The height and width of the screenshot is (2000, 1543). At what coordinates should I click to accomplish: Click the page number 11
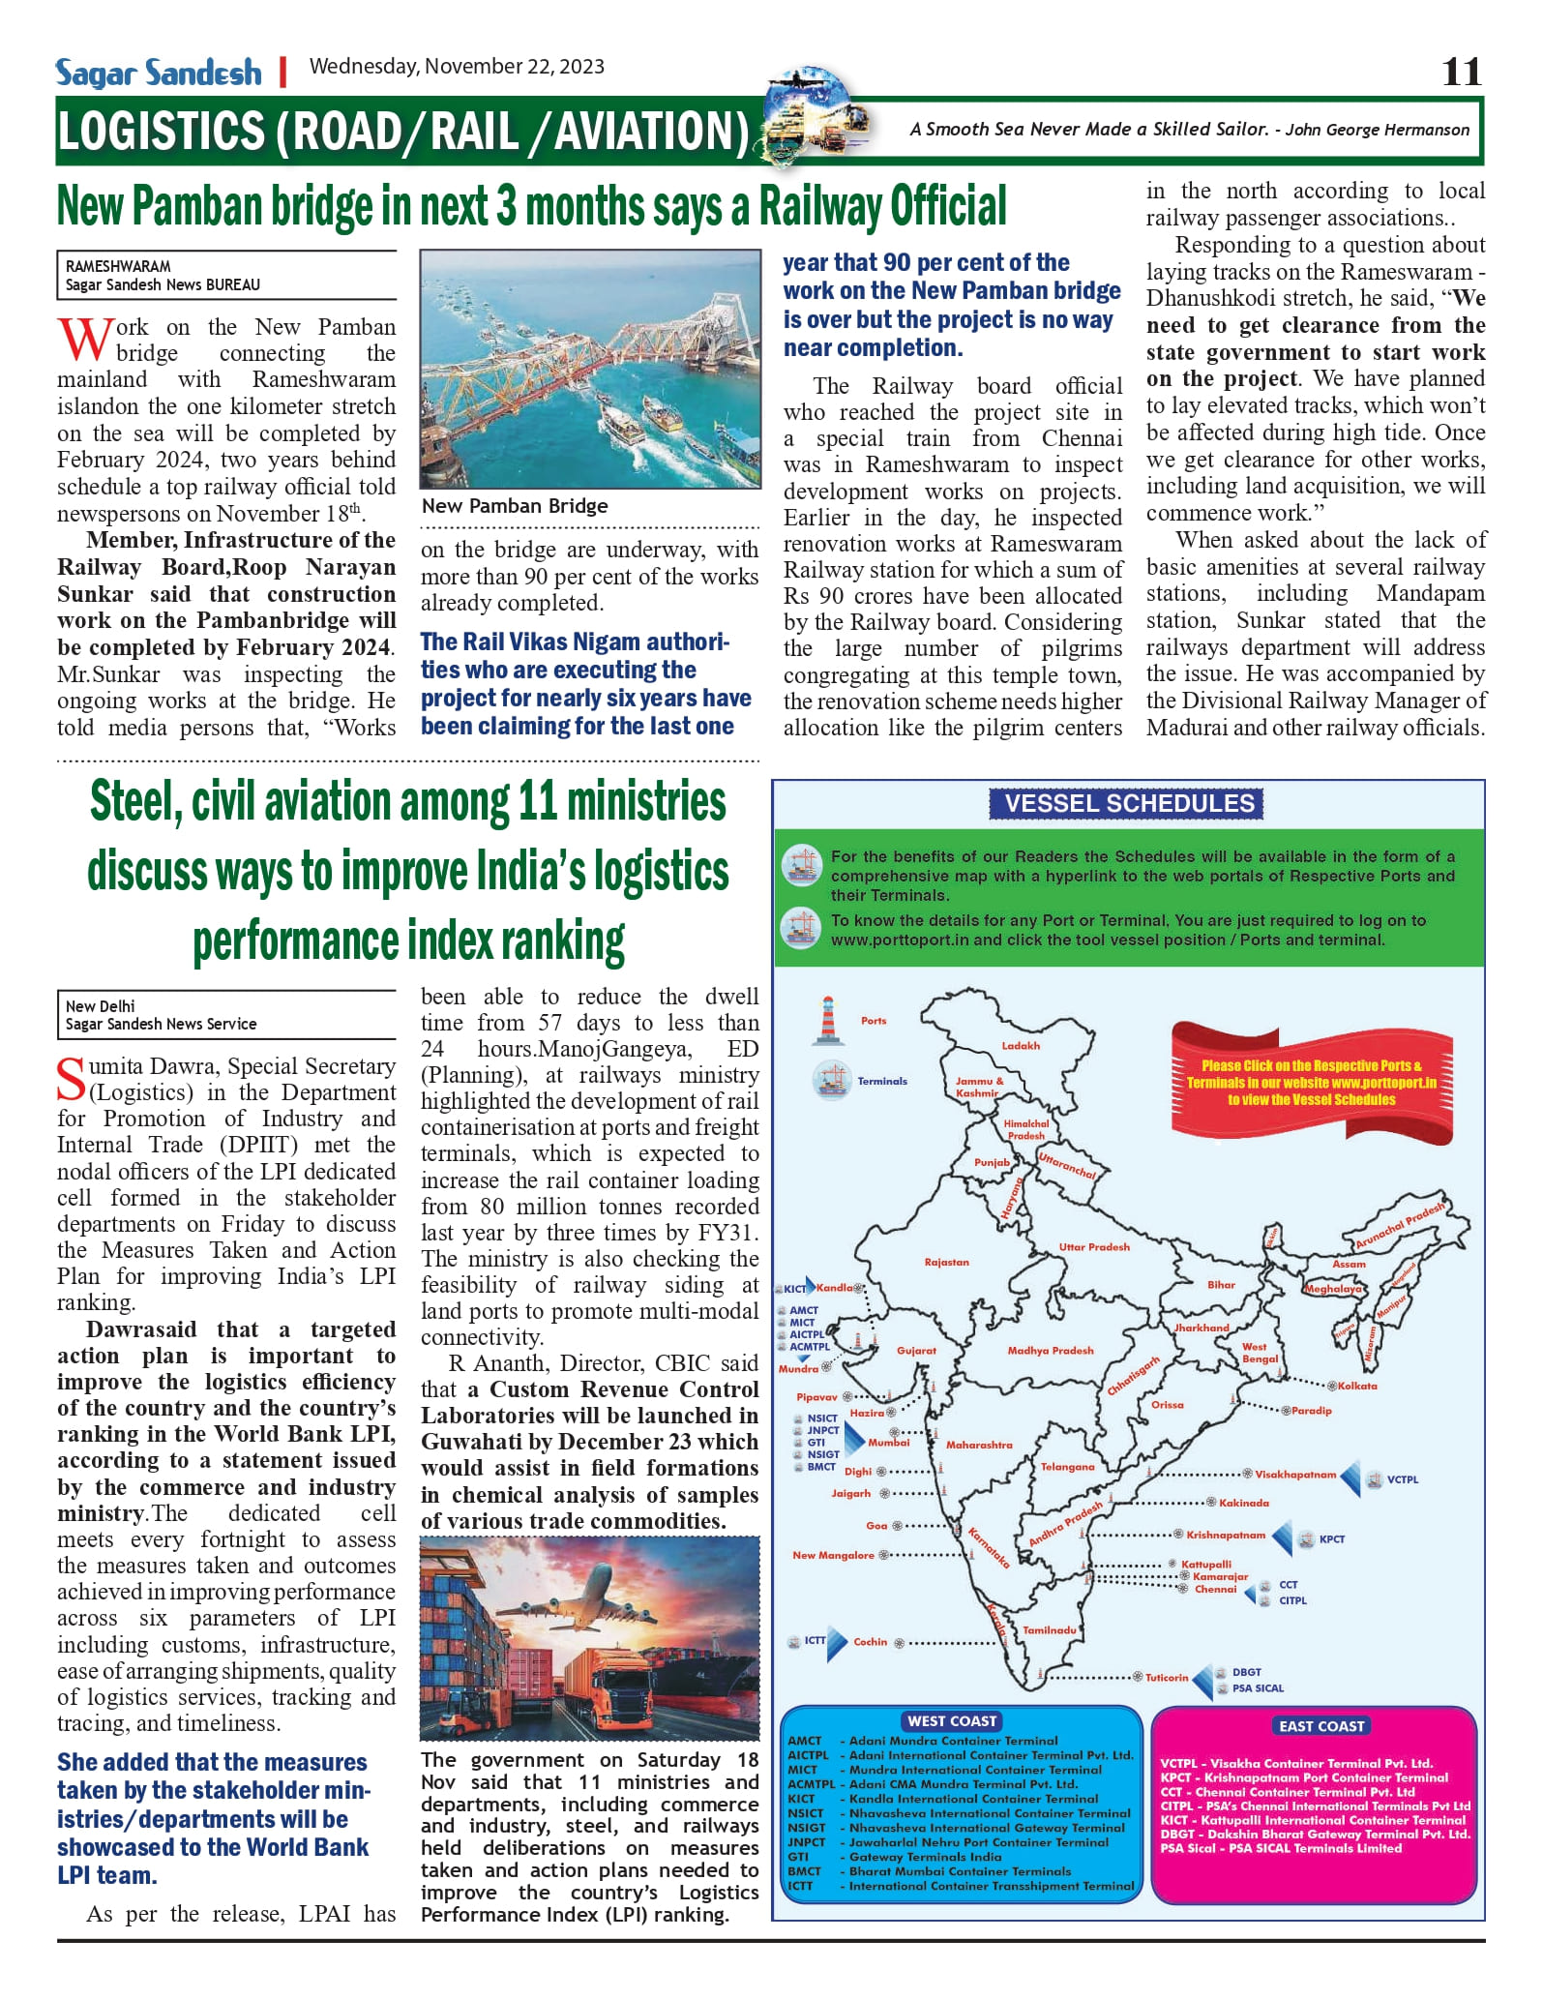(x=1461, y=72)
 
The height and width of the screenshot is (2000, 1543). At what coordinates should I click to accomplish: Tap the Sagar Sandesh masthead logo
(x=159, y=73)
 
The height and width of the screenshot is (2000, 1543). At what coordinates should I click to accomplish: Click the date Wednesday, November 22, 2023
(x=457, y=67)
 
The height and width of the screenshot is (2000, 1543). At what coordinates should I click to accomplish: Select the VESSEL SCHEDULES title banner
(x=1129, y=803)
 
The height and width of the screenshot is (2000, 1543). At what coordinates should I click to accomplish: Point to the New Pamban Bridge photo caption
(x=515, y=506)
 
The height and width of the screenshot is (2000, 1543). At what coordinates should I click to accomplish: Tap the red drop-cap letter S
(x=72, y=1080)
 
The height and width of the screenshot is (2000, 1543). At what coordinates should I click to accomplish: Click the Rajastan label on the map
(x=946, y=1262)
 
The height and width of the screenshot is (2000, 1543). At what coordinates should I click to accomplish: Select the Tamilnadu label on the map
(x=1050, y=1629)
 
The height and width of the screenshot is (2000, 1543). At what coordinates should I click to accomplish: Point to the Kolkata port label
(x=1357, y=1386)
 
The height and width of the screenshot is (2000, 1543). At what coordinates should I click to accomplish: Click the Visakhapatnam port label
(x=1295, y=1475)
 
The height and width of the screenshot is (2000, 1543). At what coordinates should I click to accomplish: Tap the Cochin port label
(x=870, y=1641)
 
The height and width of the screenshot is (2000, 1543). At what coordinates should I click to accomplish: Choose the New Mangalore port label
(x=833, y=1555)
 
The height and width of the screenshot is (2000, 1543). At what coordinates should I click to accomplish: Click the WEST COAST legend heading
(x=952, y=1720)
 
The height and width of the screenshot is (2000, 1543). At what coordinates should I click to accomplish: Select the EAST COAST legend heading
(x=1321, y=1725)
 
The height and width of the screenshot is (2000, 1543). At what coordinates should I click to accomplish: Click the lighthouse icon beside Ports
(x=827, y=1021)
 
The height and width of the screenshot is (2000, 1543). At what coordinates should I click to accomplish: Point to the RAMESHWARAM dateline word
(x=118, y=266)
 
